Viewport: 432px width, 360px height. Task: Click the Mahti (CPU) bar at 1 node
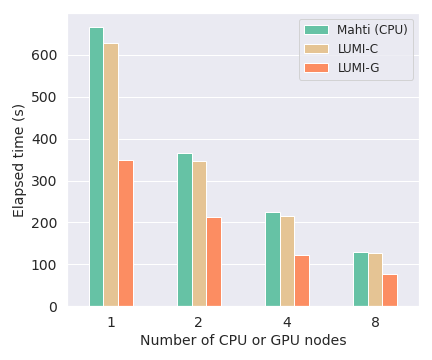(x=96, y=167)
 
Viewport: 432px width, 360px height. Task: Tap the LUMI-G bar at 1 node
(x=126, y=233)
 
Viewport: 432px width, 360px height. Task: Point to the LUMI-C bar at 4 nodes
(x=287, y=261)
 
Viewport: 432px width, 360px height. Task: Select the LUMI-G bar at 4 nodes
(x=302, y=281)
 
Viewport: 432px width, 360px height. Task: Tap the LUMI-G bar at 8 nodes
(x=390, y=290)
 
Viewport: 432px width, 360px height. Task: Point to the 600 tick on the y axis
(x=50, y=55)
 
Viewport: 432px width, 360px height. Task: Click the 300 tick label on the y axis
(x=50, y=181)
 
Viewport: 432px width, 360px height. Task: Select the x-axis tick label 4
(x=287, y=323)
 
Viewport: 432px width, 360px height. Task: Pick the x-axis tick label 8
(x=375, y=323)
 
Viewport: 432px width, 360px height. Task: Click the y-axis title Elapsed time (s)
(x=19, y=161)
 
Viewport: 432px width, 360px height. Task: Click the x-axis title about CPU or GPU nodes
(x=243, y=341)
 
